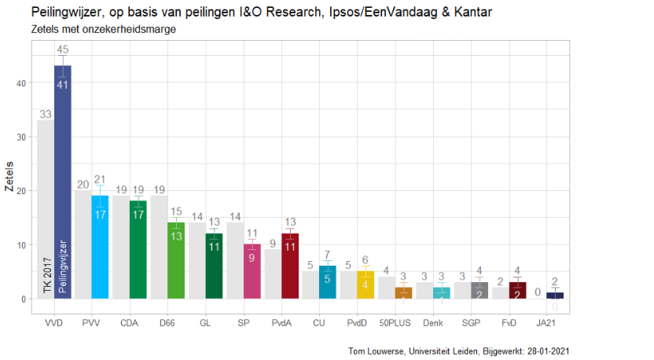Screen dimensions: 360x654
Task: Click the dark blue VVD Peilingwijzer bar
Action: coord(63,181)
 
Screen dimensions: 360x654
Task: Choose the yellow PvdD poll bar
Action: coord(366,285)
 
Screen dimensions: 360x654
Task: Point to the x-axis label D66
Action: coord(167,323)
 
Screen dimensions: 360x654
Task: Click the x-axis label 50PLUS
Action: coord(395,323)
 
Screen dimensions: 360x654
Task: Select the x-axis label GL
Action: coord(205,323)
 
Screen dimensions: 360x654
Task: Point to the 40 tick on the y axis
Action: coord(23,83)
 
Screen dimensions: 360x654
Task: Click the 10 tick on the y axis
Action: coord(23,245)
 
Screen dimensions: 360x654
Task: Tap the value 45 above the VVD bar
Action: coord(63,50)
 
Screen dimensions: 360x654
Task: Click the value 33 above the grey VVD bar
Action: coord(45,115)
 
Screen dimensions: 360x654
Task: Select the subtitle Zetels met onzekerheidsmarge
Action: coord(104,29)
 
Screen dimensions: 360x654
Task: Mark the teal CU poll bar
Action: coord(328,282)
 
